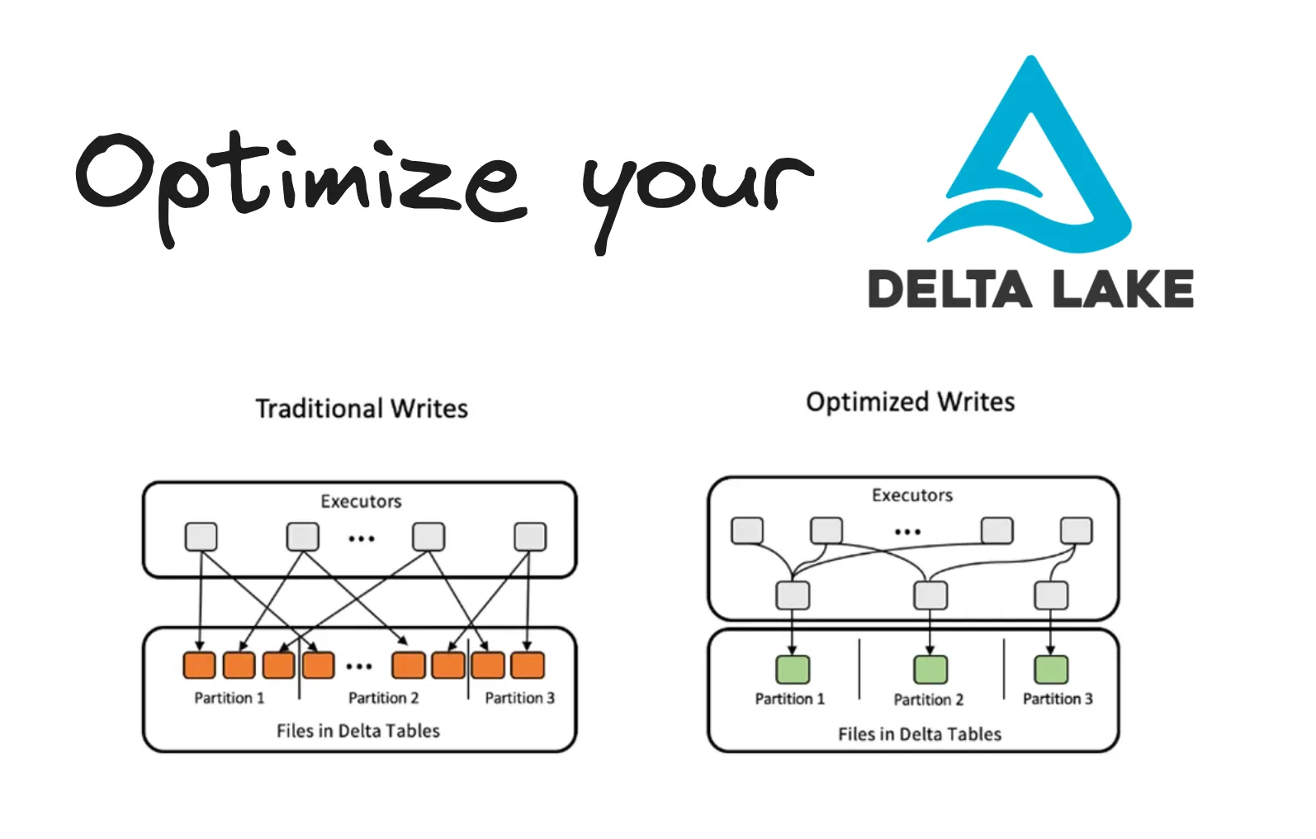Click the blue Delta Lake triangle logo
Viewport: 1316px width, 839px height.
1030,157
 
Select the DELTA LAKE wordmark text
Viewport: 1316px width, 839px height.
1030,289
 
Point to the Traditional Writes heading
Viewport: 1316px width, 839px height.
362,409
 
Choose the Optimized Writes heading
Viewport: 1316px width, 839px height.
910,402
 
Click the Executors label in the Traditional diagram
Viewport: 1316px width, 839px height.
361,501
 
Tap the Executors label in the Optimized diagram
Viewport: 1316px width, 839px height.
912,495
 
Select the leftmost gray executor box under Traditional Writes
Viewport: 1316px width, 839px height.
201,537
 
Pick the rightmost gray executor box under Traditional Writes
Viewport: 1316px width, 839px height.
530,537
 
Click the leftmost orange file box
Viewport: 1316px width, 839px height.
199,665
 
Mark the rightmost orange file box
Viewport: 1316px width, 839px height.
528,665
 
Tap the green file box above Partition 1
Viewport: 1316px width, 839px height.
793,669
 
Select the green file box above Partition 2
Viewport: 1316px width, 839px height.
930,669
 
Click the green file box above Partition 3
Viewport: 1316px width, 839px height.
1051,669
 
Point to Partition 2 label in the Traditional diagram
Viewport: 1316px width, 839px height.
383,699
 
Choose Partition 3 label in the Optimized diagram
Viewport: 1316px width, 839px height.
1058,699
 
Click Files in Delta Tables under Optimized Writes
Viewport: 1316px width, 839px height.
920,734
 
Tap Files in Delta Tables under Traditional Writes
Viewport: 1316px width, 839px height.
358,731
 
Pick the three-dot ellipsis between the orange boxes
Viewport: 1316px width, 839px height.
359,666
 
